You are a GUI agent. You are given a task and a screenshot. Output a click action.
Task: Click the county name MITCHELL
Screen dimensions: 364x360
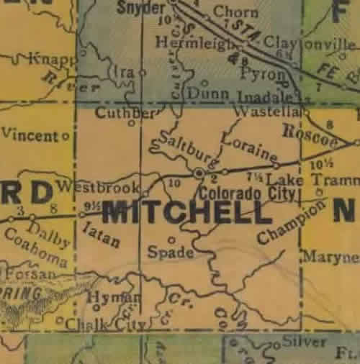(186, 212)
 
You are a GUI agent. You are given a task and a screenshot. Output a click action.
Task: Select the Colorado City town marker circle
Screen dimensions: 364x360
(199, 173)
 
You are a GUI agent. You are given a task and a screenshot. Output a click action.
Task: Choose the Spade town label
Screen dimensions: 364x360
(170, 252)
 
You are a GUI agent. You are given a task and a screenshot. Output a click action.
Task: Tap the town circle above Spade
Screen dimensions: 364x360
(171, 240)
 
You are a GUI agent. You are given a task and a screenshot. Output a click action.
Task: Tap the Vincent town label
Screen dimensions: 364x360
(30, 135)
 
